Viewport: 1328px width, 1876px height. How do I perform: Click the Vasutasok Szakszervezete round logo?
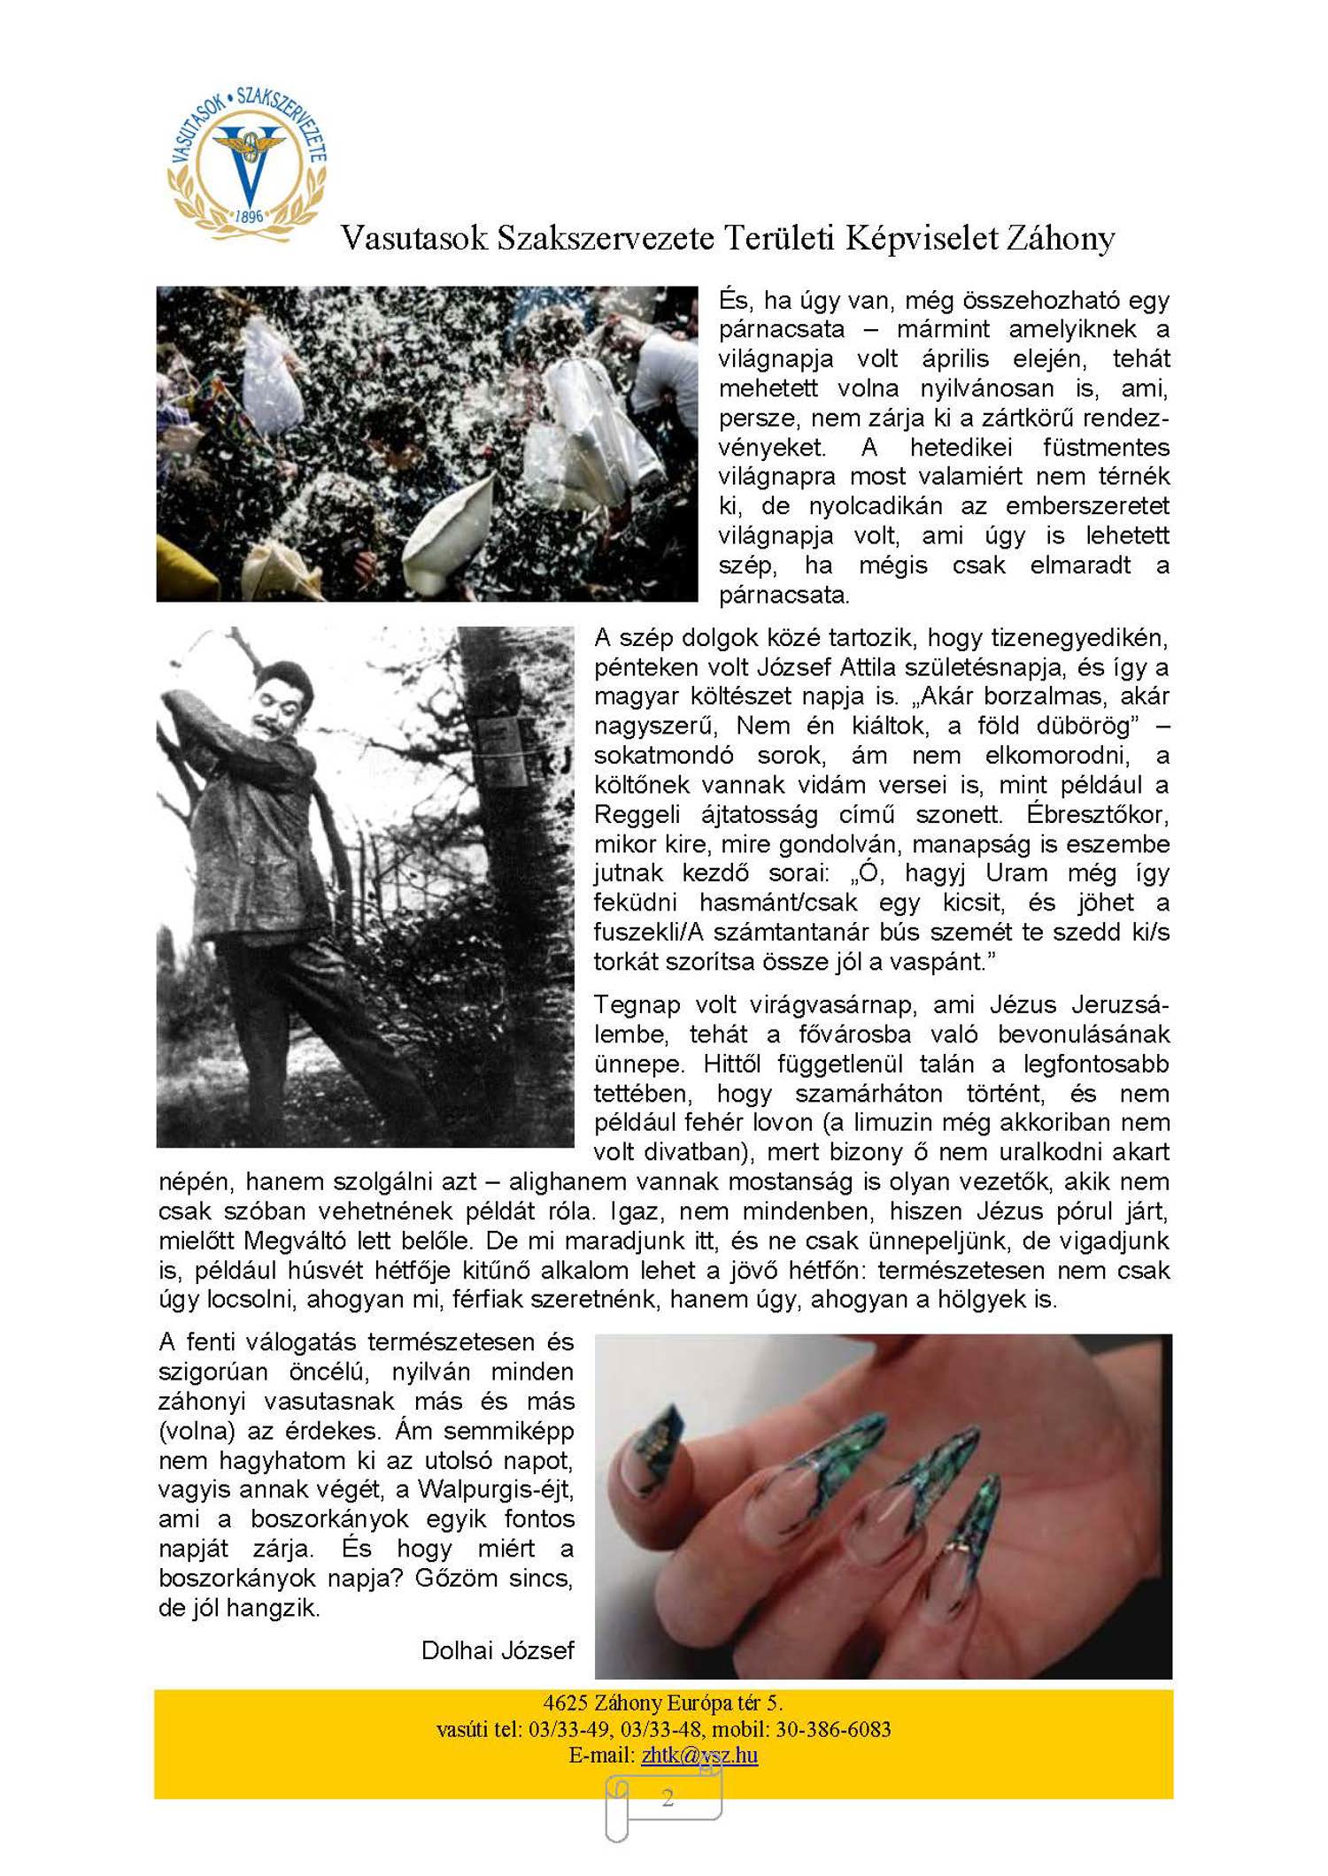click(x=247, y=165)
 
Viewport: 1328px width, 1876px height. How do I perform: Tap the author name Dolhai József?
click(x=498, y=1650)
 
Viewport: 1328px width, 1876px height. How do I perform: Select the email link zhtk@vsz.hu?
click(x=699, y=1755)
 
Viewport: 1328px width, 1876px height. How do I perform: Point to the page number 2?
click(x=668, y=1797)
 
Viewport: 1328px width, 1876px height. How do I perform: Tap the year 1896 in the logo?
click(x=250, y=215)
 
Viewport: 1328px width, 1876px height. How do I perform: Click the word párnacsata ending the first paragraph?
click(x=783, y=595)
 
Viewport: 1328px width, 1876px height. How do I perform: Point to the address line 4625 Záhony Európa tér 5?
click(x=663, y=1703)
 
